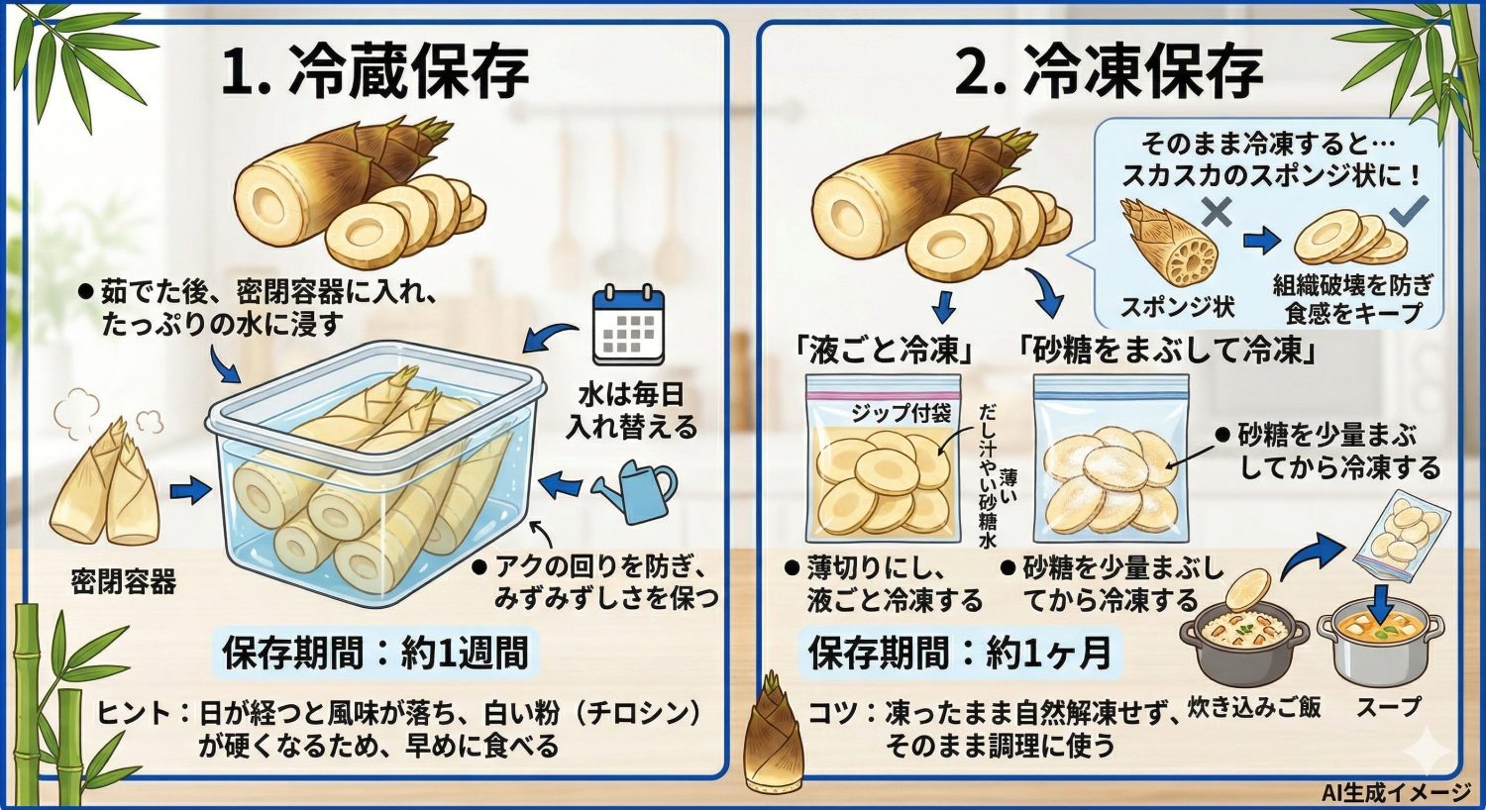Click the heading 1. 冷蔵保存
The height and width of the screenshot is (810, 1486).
[374, 72]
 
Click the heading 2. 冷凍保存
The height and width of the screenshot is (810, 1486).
[1109, 72]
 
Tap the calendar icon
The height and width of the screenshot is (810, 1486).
[628, 325]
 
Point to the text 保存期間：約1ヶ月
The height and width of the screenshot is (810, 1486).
[959, 654]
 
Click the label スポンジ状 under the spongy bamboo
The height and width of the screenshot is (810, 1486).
[1177, 307]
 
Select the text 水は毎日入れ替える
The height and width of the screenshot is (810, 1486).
[631, 411]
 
